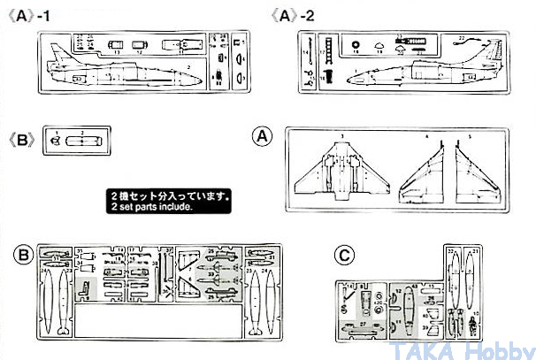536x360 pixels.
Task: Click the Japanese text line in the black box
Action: [170, 196]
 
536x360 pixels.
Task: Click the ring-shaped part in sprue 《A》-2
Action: [356, 43]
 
